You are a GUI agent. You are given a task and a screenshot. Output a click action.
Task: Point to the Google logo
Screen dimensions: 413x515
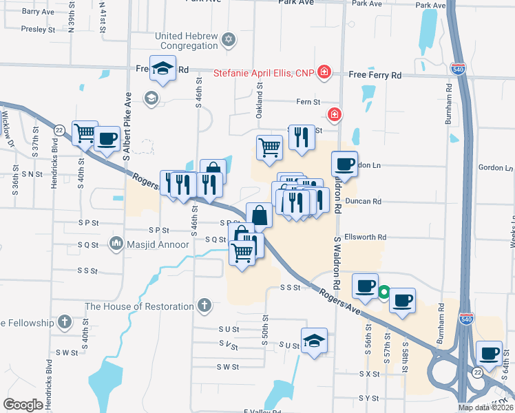click(23, 405)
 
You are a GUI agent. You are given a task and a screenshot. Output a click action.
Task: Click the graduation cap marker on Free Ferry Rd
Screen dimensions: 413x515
click(162, 68)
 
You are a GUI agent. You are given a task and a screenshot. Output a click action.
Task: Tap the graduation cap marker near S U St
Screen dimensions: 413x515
click(314, 340)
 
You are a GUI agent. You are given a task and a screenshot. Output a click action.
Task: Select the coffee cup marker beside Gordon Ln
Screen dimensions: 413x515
click(344, 164)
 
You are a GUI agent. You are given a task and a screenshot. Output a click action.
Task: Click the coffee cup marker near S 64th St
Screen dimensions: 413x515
click(490, 353)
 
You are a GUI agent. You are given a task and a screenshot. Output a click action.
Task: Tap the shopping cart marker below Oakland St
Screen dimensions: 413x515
click(269, 147)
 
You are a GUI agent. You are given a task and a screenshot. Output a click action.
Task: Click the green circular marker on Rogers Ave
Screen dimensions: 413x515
click(383, 292)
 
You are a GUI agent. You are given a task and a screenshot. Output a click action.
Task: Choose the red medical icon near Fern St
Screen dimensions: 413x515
click(334, 114)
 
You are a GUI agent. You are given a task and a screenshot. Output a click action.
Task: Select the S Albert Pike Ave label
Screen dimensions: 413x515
click(127, 127)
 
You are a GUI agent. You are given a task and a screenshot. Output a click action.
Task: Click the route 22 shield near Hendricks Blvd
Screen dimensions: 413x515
click(60, 129)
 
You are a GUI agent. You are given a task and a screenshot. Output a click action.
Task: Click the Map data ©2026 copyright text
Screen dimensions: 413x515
click(485, 407)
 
